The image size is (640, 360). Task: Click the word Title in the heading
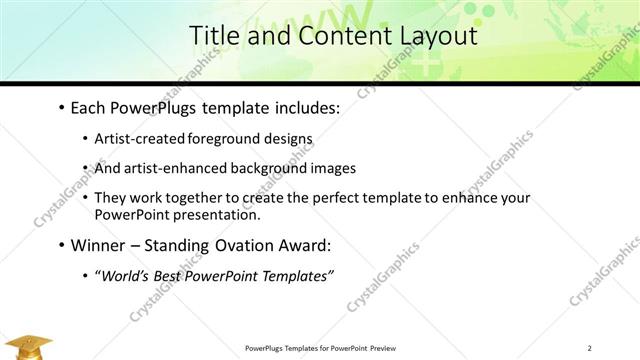point(216,36)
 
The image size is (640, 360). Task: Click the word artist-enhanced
point(168,169)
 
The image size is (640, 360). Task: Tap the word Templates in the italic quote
point(295,276)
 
